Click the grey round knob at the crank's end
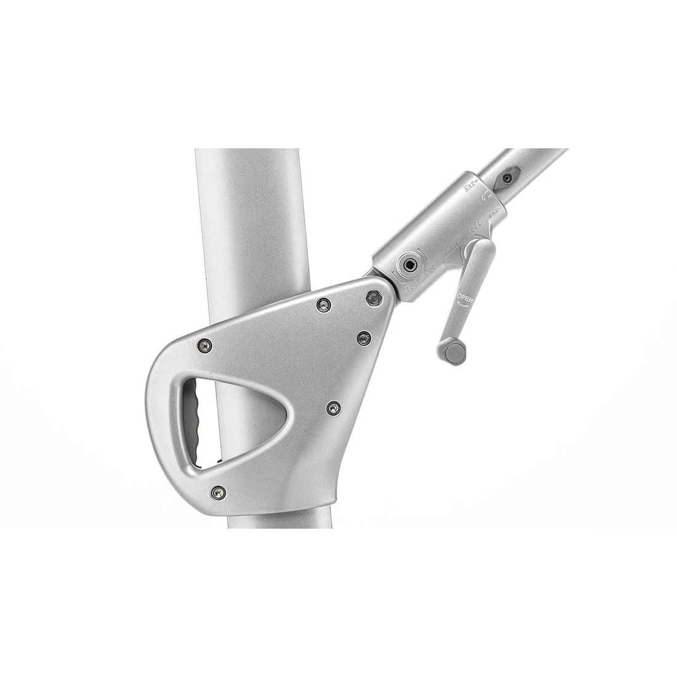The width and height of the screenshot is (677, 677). coord(455,352)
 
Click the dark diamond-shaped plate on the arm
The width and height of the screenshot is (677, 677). coord(508,177)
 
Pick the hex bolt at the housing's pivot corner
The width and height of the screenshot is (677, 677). coord(372,298)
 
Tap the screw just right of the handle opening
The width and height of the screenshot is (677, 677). coord(333,407)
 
